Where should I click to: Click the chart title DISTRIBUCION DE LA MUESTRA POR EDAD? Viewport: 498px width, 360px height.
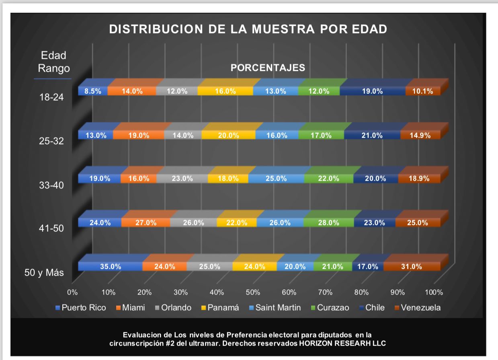(248, 29)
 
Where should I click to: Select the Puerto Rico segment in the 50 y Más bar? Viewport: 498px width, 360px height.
(110, 266)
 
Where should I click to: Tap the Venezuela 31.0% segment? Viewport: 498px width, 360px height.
(412, 266)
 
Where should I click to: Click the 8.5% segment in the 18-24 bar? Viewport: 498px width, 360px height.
(92, 91)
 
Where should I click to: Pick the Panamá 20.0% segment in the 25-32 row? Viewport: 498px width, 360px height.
(228, 136)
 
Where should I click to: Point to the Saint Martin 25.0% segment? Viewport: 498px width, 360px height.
(276, 179)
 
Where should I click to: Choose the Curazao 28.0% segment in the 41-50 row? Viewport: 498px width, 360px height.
(328, 222)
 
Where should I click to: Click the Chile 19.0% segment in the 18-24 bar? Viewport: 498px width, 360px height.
(372, 91)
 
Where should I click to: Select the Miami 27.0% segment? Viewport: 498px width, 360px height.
(146, 222)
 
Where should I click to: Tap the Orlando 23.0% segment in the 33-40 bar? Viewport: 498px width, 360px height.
(182, 179)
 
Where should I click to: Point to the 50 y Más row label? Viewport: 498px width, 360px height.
(44, 272)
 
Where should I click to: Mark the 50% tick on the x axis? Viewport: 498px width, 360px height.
(253, 292)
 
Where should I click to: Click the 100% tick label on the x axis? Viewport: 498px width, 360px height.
(434, 292)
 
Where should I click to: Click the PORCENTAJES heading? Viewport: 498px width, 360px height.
(268, 68)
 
